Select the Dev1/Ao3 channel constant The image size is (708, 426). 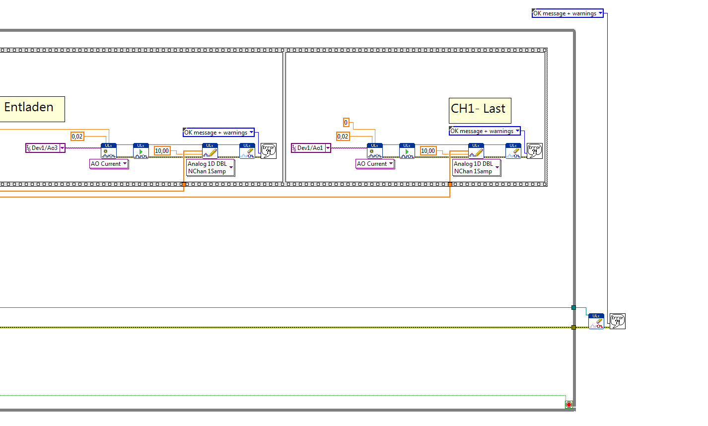(x=45, y=148)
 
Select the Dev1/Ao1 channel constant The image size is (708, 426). (x=311, y=148)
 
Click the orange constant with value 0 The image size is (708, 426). (x=346, y=122)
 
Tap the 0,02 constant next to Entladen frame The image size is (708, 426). (x=77, y=136)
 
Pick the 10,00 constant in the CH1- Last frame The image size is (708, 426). (x=428, y=150)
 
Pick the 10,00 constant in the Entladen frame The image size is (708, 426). (x=162, y=150)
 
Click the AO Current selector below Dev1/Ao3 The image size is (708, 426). (x=109, y=164)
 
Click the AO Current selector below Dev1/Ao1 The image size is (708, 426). (x=375, y=164)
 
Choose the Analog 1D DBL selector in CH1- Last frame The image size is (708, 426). (x=476, y=167)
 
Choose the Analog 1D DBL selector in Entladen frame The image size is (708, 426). (x=210, y=167)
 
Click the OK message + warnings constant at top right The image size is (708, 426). (x=567, y=13)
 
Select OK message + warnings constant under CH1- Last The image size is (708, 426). (x=485, y=131)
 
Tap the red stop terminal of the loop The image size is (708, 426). (x=569, y=405)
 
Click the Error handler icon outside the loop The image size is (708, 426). (x=618, y=321)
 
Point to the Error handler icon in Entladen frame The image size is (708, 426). (x=269, y=150)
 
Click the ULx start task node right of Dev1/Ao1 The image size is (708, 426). (x=407, y=151)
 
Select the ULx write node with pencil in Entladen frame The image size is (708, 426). (x=210, y=151)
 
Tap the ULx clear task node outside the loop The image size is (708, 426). (x=596, y=321)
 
